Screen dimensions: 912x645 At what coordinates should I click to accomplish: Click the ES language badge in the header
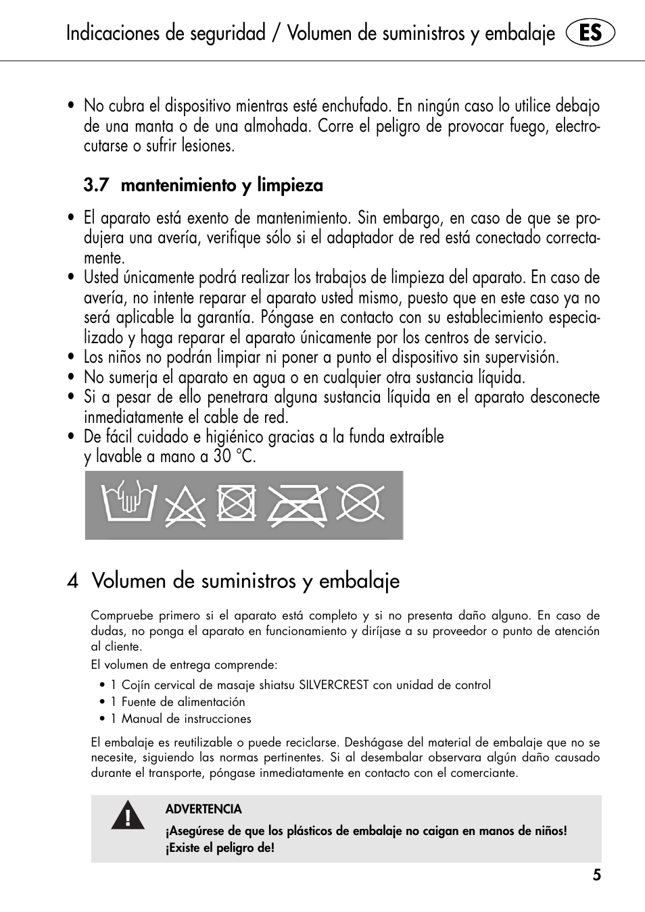(x=590, y=33)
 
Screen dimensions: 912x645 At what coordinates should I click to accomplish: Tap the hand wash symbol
(x=128, y=501)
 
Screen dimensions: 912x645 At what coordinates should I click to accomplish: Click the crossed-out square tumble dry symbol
(x=237, y=503)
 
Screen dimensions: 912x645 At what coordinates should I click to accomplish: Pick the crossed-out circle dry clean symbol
(x=360, y=503)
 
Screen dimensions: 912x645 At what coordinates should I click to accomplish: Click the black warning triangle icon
(x=128, y=815)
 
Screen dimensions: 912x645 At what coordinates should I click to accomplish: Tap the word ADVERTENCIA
(x=204, y=809)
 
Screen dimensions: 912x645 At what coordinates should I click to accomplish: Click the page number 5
(x=596, y=876)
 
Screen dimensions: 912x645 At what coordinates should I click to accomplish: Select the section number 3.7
(x=96, y=185)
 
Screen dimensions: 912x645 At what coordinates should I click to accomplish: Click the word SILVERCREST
(x=334, y=685)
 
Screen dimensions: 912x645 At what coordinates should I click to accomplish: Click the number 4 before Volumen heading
(x=73, y=581)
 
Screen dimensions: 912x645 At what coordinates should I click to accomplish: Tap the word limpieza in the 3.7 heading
(x=289, y=185)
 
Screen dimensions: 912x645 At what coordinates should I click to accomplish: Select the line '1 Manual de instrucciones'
(x=181, y=719)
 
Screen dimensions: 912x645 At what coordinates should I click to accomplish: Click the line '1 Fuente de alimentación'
(x=178, y=702)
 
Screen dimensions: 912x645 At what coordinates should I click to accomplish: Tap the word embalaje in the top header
(x=519, y=33)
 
